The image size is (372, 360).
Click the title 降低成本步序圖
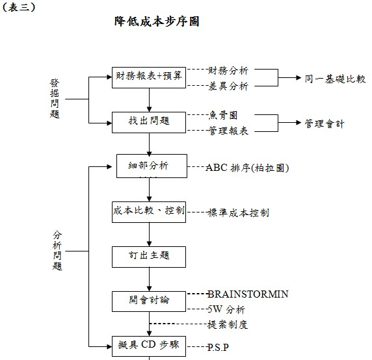(x=156, y=21)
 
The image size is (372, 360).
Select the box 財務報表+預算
(x=149, y=77)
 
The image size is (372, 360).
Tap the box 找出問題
(x=149, y=122)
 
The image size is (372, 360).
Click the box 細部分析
(x=149, y=166)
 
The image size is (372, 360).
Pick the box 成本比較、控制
(x=149, y=211)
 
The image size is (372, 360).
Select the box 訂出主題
(x=149, y=256)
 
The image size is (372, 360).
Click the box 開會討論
(x=149, y=300)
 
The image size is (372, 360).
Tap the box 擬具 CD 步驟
(x=149, y=344)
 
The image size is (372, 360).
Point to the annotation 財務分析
(x=228, y=70)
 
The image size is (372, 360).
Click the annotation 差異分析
(x=228, y=85)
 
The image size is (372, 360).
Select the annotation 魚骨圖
(x=223, y=115)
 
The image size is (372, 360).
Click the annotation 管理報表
(x=228, y=131)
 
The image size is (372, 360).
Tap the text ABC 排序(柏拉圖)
(x=246, y=167)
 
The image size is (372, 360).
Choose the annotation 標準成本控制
(x=238, y=212)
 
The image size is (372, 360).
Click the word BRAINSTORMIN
(x=248, y=294)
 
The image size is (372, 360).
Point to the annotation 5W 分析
(x=226, y=309)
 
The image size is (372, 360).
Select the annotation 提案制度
(x=228, y=324)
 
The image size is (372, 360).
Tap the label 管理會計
(x=325, y=123)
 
